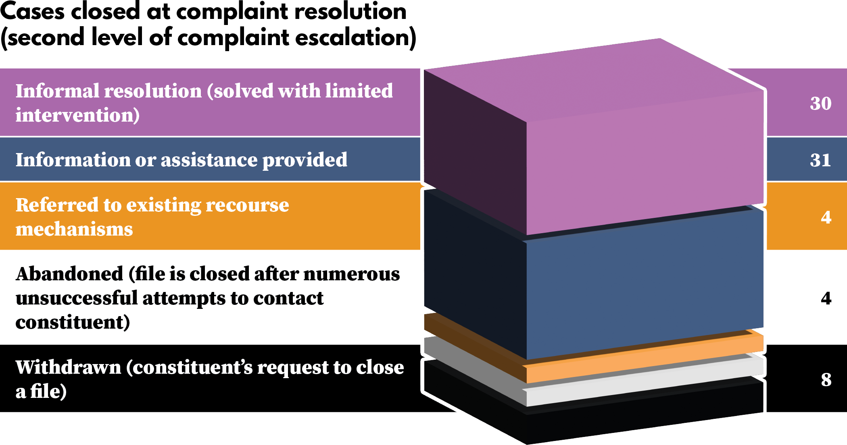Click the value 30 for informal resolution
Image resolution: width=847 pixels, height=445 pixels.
pos(820,103)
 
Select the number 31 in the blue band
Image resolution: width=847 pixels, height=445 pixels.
pos(820,160)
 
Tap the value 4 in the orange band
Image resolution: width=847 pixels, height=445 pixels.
pos(826,217)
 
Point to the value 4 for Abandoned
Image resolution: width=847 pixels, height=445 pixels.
pos(826,298)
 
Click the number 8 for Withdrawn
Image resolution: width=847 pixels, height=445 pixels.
pos(826,379)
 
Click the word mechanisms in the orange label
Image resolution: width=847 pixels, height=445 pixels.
pos(74,229)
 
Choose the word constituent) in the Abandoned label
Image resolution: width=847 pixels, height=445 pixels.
pos(73,322)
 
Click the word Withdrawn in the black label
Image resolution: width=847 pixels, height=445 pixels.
pos(68,367)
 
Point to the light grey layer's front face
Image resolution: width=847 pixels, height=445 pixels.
pos(645,385)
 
